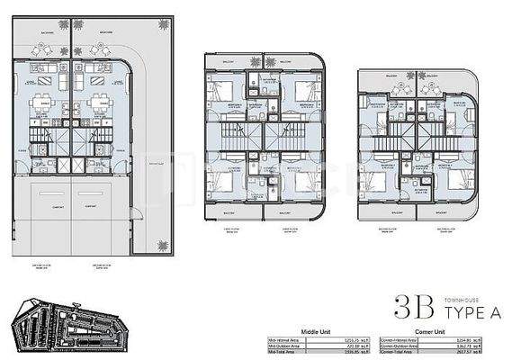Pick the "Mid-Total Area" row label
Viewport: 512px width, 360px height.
coord(284,352)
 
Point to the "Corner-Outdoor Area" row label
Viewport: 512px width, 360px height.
coord(400,346)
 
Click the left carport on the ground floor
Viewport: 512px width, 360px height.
coord(43,212)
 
